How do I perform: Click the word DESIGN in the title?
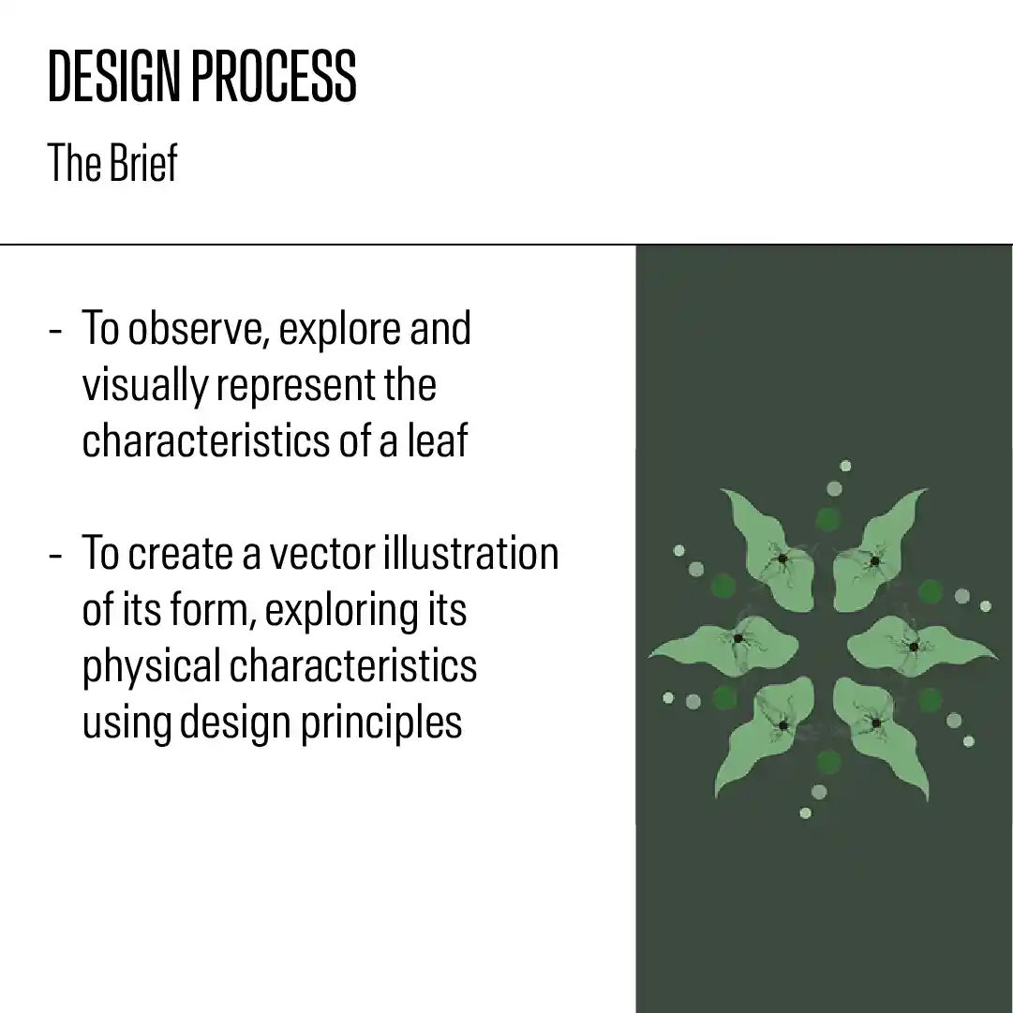pos(113,76)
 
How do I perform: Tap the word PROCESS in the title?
pos(274,76)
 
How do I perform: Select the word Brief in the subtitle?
pos(143,162)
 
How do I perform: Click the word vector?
pos(321,554)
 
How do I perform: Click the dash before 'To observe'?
pos(56,331)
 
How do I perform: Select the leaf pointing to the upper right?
pos(874,551)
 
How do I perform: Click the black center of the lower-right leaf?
pos(876,723)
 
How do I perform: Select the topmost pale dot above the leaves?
pos(845,466)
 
